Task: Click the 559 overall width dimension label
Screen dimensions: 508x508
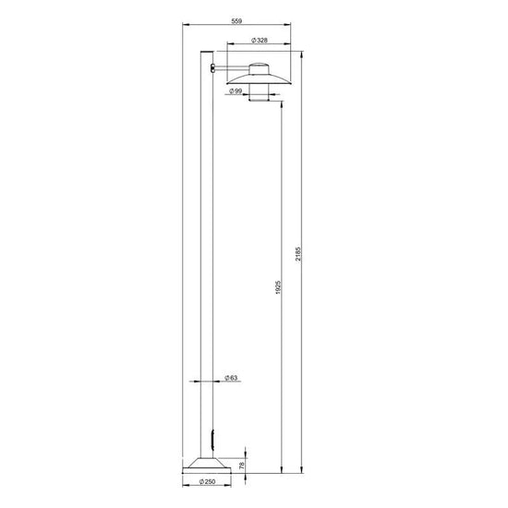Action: point(236,21)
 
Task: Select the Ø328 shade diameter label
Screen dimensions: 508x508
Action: point(260,41)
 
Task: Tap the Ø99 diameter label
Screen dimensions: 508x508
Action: point(236,91)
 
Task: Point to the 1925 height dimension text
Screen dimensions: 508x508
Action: point(278,287)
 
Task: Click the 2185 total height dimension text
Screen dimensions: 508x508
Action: point(298,254)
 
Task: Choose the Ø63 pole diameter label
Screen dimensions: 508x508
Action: point(231,378)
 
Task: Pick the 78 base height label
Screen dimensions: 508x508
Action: point(242,466)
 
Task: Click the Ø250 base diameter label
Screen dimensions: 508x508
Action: point(207,482)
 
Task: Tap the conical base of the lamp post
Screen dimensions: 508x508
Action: point(207,466)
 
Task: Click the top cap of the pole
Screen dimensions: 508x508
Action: point(207,52)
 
